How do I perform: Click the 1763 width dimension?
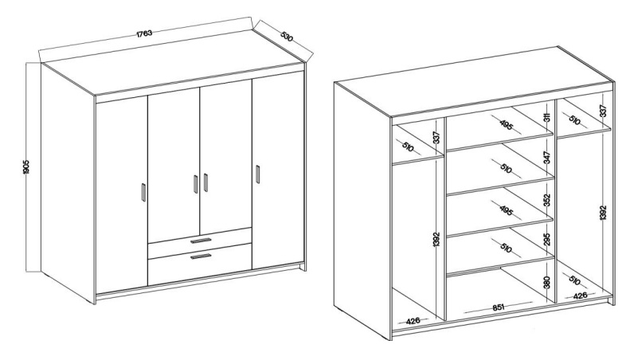point(144,33)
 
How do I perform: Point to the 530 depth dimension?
point(288,37)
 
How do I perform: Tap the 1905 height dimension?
point(26,166)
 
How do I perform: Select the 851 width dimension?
point(498,307)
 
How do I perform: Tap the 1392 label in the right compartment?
point(603,213)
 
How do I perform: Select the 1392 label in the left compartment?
point(436,240)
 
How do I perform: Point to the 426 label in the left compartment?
point(413,321)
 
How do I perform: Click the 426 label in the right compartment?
point(580,295)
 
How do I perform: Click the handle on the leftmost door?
point(143,192)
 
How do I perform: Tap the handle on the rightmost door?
point(257,174)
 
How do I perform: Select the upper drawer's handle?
point(201,241)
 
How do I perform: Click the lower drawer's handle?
point(201,256)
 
